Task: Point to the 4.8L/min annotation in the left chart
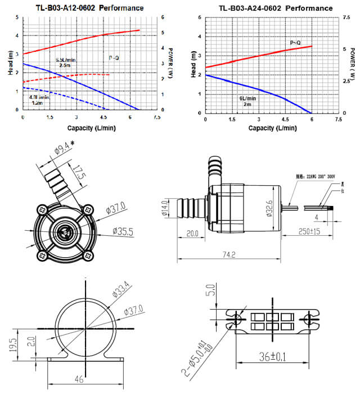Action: (x=39, y=100)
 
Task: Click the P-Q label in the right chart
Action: (x=296, y=43)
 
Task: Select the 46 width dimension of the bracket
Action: (x=81, y=379)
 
